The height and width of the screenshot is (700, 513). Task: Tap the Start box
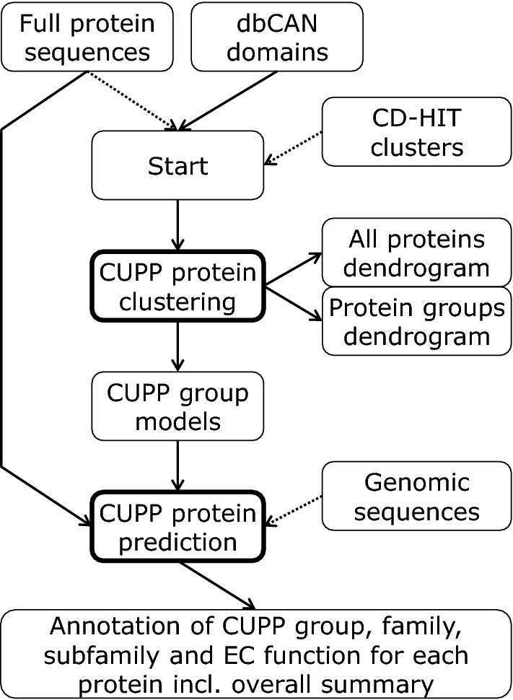[177, 167]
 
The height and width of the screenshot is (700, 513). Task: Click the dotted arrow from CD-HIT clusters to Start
[294, 144]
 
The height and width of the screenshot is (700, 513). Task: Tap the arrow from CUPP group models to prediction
[177, 466]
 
